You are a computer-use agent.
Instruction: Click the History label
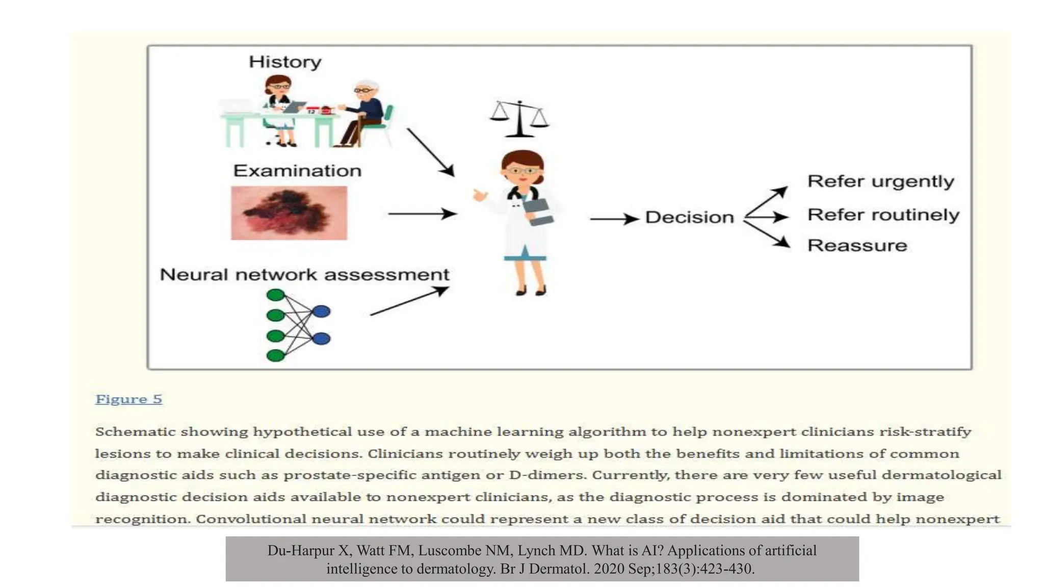pos(285,62)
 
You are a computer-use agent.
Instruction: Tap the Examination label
pos(297,171)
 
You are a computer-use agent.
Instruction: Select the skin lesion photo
pos(289,212)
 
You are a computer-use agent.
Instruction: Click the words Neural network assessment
pos(304,275)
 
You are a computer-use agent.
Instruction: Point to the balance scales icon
pos(519,119)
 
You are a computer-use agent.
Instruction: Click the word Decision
pos(689,218)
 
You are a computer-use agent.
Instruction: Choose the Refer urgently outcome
pos(880,181)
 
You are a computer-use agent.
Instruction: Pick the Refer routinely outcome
pos(883,215)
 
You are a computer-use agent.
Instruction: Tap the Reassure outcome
pos(857,246)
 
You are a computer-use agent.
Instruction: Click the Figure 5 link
pos(128,399)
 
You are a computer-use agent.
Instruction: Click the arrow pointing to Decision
pos(614,219)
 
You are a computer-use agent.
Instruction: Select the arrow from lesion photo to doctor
pos(422,214)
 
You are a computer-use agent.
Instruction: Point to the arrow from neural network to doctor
pos(409,301)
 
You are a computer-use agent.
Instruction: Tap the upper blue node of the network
pos(321,311)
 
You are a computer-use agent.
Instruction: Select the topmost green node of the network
pos(276,295)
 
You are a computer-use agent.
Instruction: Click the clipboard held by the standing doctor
pos(538,212)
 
